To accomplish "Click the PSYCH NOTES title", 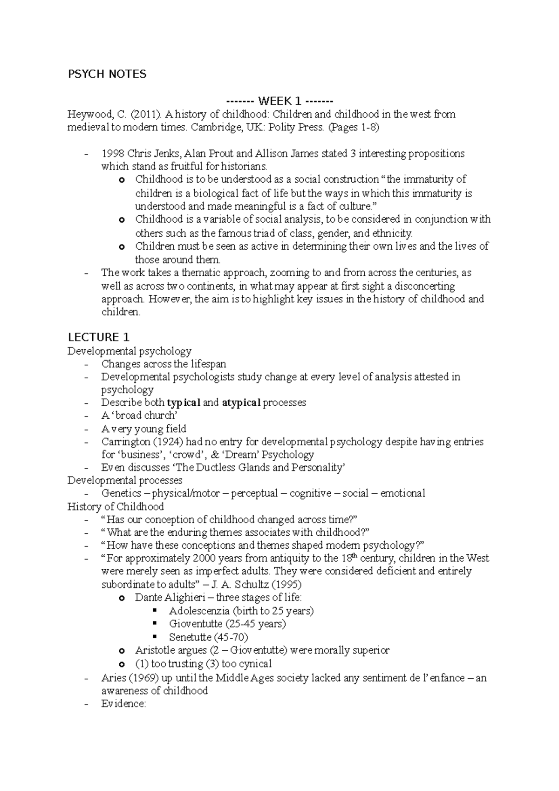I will coord(107,74).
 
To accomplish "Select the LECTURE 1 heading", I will coord(98,337).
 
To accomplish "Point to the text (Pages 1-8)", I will coord(354,128).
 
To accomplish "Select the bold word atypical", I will coord(241,402).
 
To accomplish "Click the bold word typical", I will coord(184,402).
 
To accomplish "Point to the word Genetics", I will coord(121,493).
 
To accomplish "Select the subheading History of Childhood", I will coord(116,506).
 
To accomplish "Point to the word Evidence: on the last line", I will coord(123,704).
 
